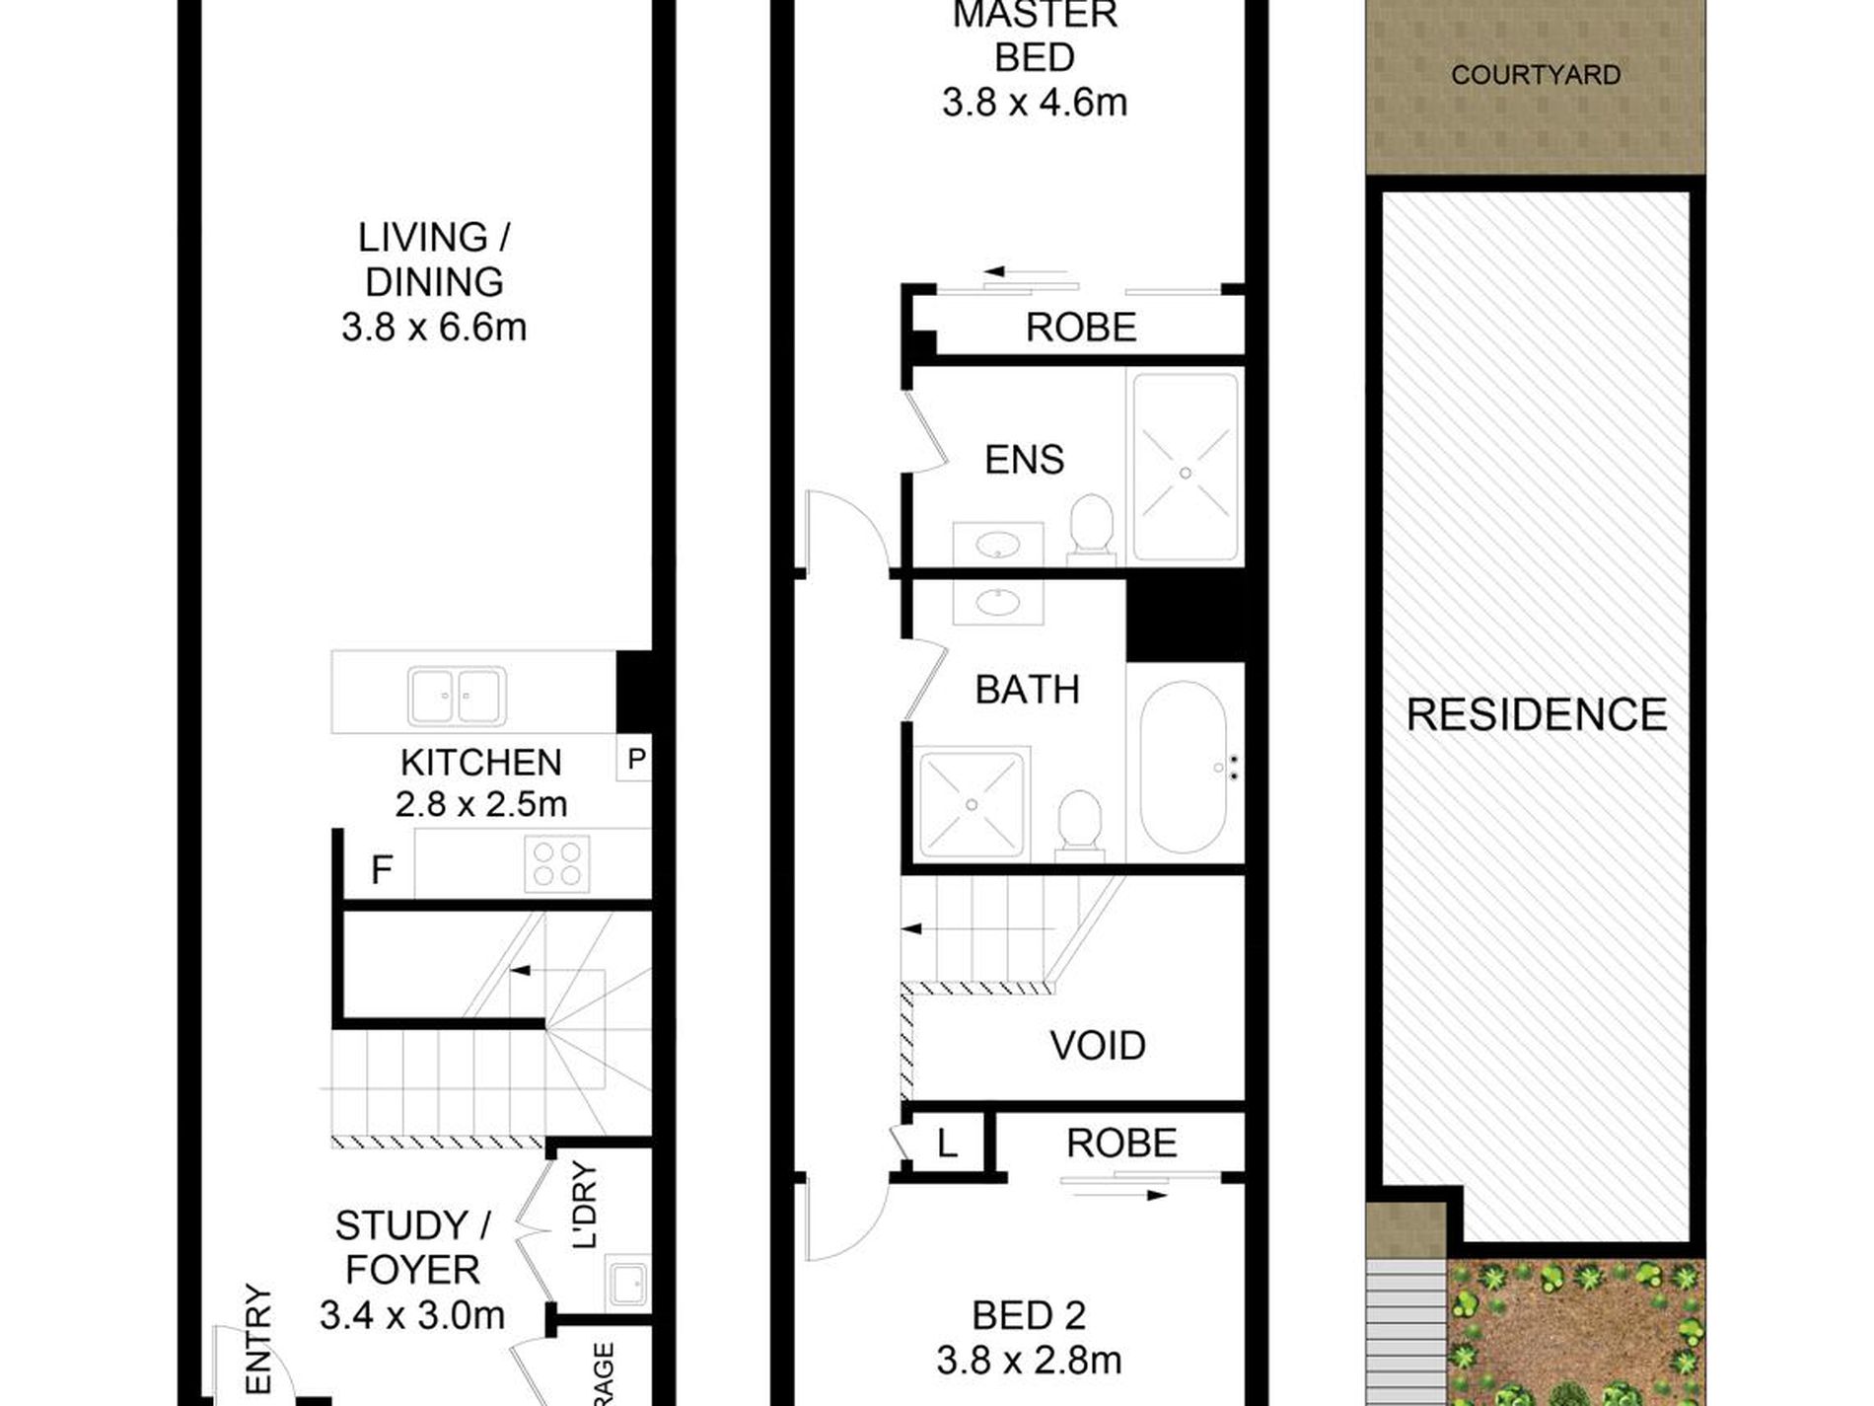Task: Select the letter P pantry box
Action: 636,760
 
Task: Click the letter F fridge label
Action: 382,870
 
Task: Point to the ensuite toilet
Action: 1091,526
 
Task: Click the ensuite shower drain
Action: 1186,474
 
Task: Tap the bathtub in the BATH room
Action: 1184,767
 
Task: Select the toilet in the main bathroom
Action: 1079,822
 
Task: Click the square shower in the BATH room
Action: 973,804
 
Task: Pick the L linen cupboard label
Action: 947,1145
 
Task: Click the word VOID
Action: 1097,1046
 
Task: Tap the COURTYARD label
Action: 1536,75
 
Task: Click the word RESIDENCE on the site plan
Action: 1536,714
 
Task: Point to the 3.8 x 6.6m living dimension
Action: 434,327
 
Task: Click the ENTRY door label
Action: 257,1340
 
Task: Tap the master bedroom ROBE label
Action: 1081,328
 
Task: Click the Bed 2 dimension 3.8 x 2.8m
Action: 1029,1361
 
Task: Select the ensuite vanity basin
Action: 998,544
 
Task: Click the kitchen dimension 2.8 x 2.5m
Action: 481,804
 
